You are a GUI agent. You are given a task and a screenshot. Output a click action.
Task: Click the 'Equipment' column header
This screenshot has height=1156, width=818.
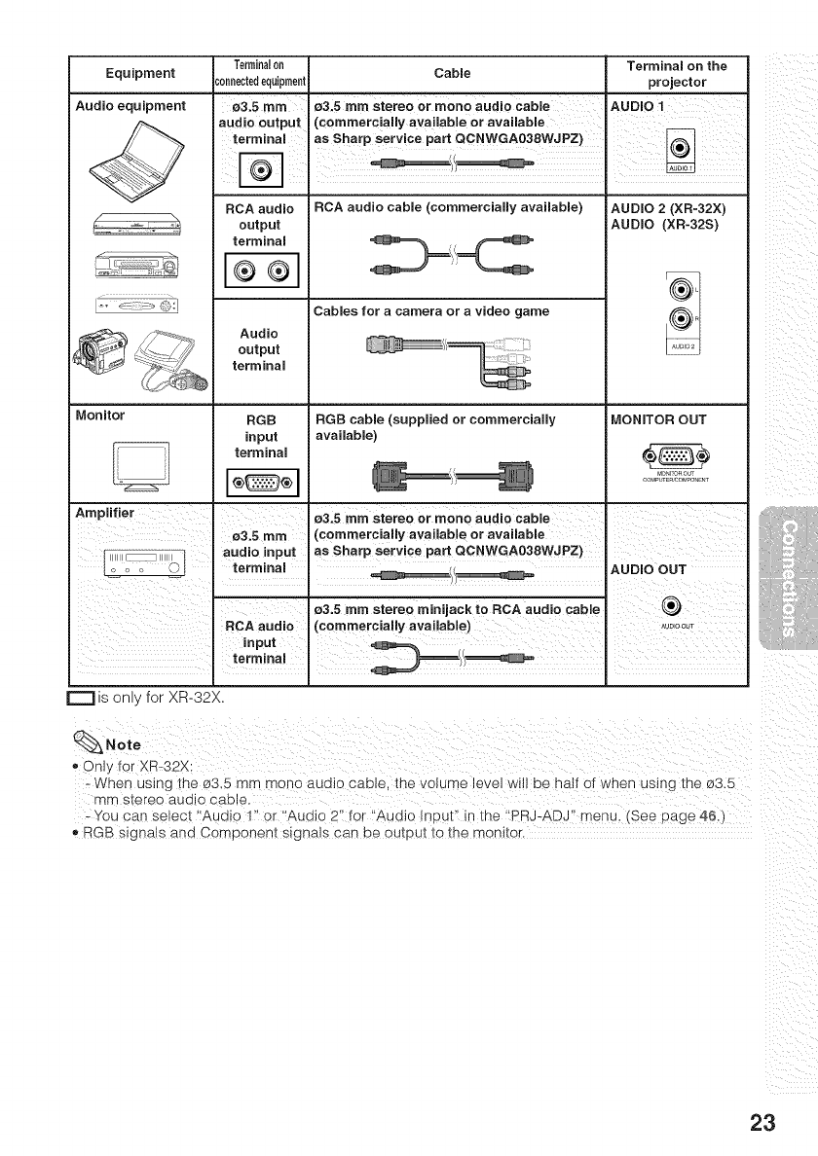140,73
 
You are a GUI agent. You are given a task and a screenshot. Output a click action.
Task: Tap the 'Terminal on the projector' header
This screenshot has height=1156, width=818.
678,73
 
